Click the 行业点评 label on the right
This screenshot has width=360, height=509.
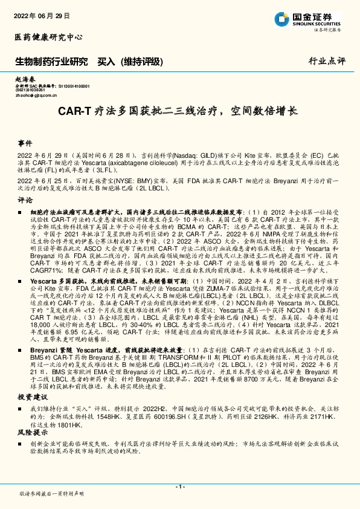tap(326, 61)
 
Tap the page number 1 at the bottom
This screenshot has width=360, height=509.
tap(179, 487)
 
